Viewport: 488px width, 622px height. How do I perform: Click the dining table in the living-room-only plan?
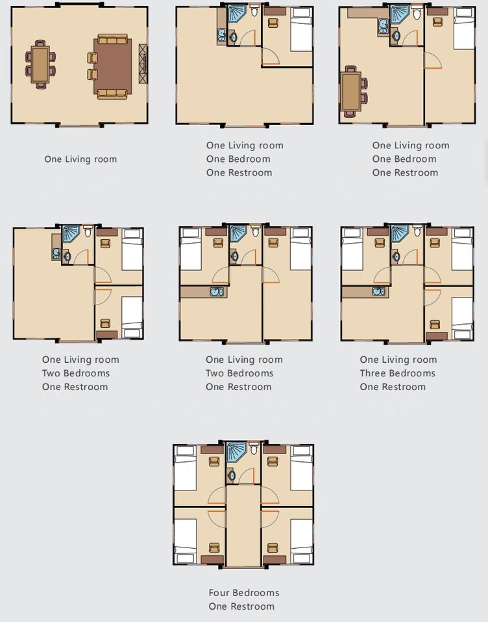point(40,64)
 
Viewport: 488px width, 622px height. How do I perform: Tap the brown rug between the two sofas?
point(113,66)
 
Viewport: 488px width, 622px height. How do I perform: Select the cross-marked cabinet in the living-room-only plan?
point(143,64)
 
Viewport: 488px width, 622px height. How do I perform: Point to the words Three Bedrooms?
point(397,373)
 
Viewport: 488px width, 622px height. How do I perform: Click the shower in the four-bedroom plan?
point(236,452)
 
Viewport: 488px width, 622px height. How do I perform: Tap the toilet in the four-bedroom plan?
point(254,448)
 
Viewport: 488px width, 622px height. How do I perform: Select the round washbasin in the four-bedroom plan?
point(232,475)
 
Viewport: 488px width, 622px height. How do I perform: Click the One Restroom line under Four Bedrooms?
point(241,606)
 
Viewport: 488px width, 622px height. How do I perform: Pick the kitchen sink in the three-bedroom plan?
point(379,292)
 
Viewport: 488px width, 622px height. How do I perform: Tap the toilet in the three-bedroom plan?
point(417,231)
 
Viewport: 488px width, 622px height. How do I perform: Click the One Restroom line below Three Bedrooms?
point(393,387)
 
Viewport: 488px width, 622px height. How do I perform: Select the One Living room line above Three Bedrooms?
point(398,360)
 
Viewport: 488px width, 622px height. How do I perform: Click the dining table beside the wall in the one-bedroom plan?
point(351,91)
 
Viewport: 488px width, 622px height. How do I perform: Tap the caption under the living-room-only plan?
point(80,159)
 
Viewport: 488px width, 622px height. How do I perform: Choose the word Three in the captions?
point(372,373)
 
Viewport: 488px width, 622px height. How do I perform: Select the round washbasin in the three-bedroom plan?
point(396,257)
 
